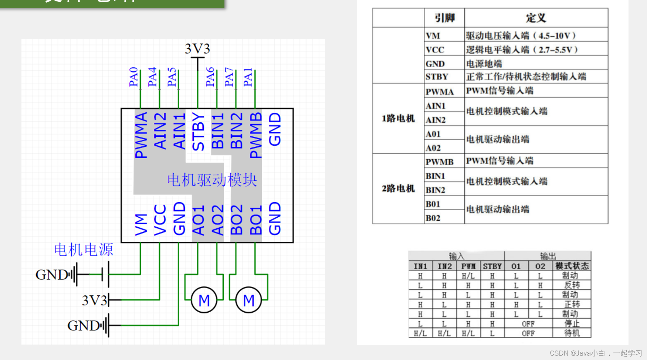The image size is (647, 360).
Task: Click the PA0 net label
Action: (133, 77)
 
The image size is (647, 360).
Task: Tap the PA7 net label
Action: (229, 77)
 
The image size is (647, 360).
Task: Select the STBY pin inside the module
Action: (199, 132)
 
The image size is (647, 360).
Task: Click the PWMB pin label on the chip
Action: (256, 135)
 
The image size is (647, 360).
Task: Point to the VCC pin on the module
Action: (160, 220)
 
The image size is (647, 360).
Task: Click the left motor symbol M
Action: (204, 300)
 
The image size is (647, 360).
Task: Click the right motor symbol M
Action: (248, 300)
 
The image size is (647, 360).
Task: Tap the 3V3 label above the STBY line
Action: (197, 49)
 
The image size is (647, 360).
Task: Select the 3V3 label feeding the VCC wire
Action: (95, 300)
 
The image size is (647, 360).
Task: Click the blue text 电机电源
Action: (84, 250)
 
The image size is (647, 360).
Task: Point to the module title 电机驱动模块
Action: (212, 180)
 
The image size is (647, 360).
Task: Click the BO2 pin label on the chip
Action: (237, 220)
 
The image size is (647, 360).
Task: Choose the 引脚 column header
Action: (444, 18)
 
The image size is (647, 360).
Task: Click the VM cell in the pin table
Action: (433, 36)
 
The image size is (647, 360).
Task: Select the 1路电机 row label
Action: (398, 119)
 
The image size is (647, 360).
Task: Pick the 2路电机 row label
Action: (398, 189)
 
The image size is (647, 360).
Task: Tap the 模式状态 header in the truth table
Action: (572, 266)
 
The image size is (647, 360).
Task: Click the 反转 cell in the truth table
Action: (572, 285)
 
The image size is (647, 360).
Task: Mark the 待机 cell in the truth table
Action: (572, 333)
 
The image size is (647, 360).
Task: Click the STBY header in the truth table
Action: (492, 266)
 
